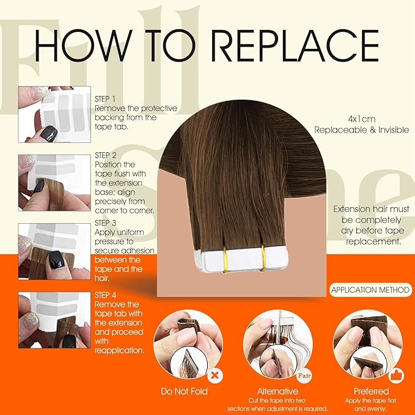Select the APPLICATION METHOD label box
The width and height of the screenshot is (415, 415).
(x=370, y=290)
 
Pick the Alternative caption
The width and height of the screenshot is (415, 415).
(x=277, y=391)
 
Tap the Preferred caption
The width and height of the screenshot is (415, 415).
(x=370, y=391)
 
